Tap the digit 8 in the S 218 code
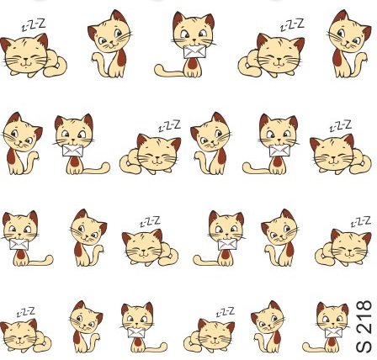[364, 306]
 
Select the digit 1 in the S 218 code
[364, 319]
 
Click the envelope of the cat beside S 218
[333, 333]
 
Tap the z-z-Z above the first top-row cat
[34, 25]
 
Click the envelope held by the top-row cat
[194, 52]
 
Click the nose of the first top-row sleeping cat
[25, 60]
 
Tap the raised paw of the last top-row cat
[364, 56]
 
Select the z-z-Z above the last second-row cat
[340, 126]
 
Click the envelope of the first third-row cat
[19, 244]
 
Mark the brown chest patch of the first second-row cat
[11, 156]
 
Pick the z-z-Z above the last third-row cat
[361, 221]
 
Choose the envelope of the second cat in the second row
[73, 151]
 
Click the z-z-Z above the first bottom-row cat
[26, 312]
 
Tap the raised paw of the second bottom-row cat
[96, 337]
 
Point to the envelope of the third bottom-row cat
[136, 332]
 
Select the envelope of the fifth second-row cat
[279, 151]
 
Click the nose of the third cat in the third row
[143, 251]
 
